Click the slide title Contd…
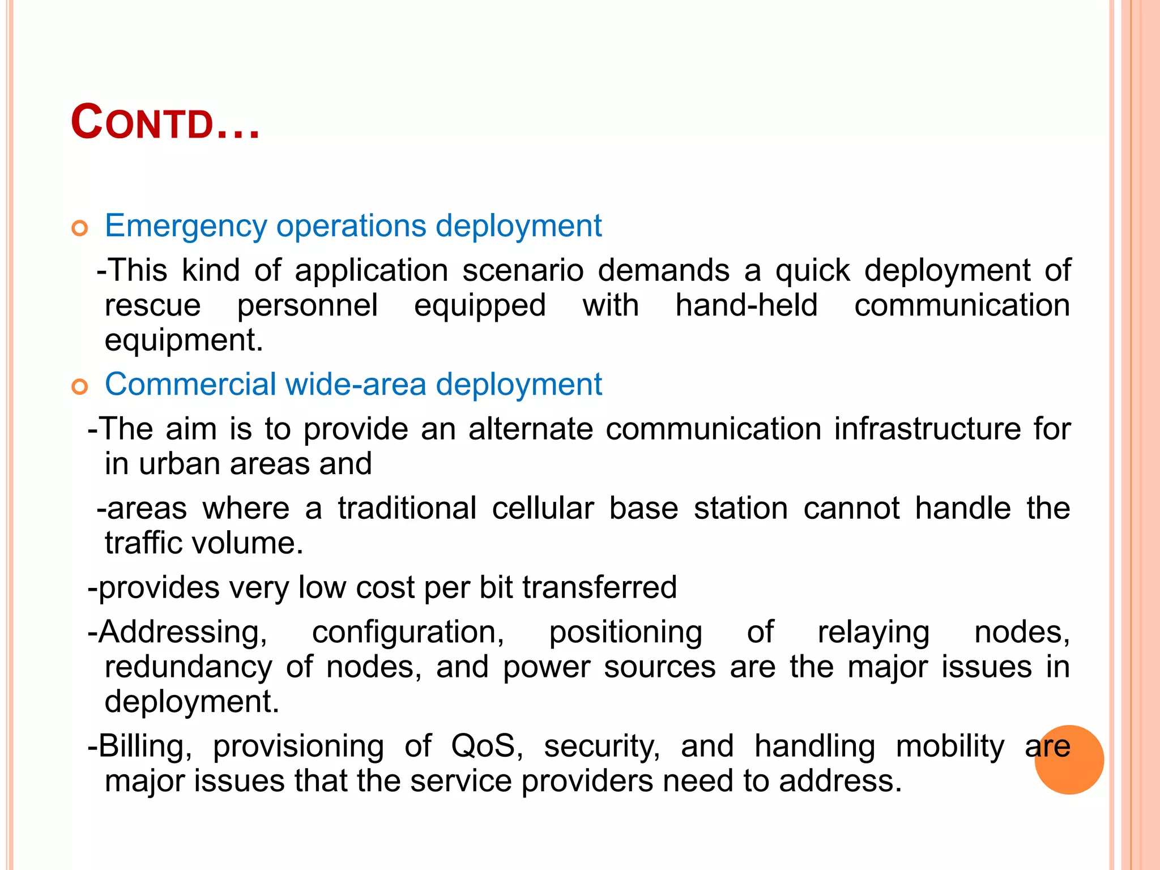[x=165, y=123]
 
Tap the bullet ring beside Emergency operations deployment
[x=80, y=229]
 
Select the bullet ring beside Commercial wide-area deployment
[x=80, y=387]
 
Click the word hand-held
[x=747, y=305]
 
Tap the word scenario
[x=523, y=270]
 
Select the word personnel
[x=307, y=306]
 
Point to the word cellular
[x=543, y=508]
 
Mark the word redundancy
[x=188, y=667]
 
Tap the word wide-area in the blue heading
[x=355, y=385]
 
